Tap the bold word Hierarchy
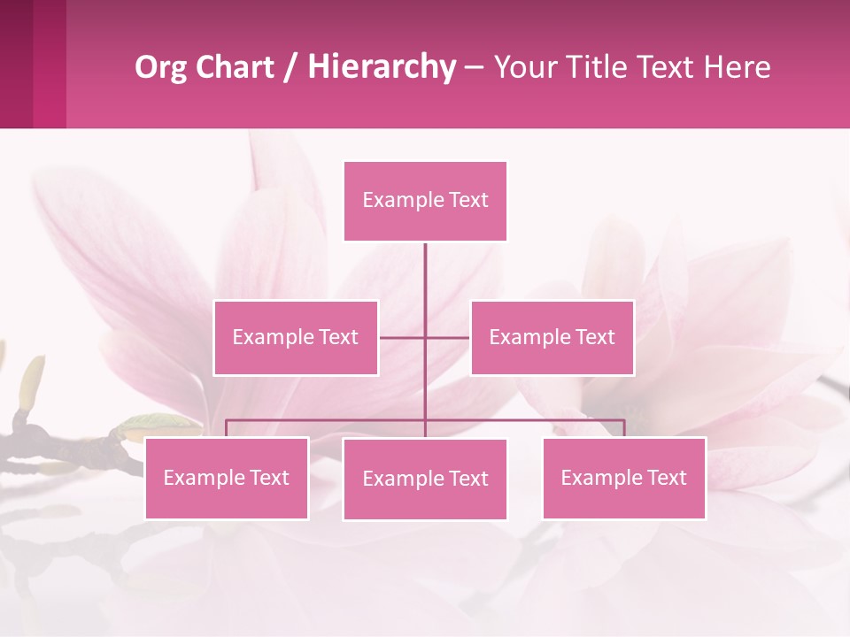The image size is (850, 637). pos(382,67)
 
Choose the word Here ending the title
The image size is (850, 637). pos(737,67)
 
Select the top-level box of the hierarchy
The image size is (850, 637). pos(425,201)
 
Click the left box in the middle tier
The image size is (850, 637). pos(296,338)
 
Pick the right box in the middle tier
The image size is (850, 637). pos(552,338)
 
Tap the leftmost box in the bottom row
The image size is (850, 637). pos(227,479)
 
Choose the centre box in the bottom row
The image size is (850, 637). pos(425,480)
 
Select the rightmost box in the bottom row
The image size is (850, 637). pos(624,479)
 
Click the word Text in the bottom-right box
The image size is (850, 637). pos(667,479)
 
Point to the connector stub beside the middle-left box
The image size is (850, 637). pos(400,338)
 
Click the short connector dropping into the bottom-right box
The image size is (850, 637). pos(624,428)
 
